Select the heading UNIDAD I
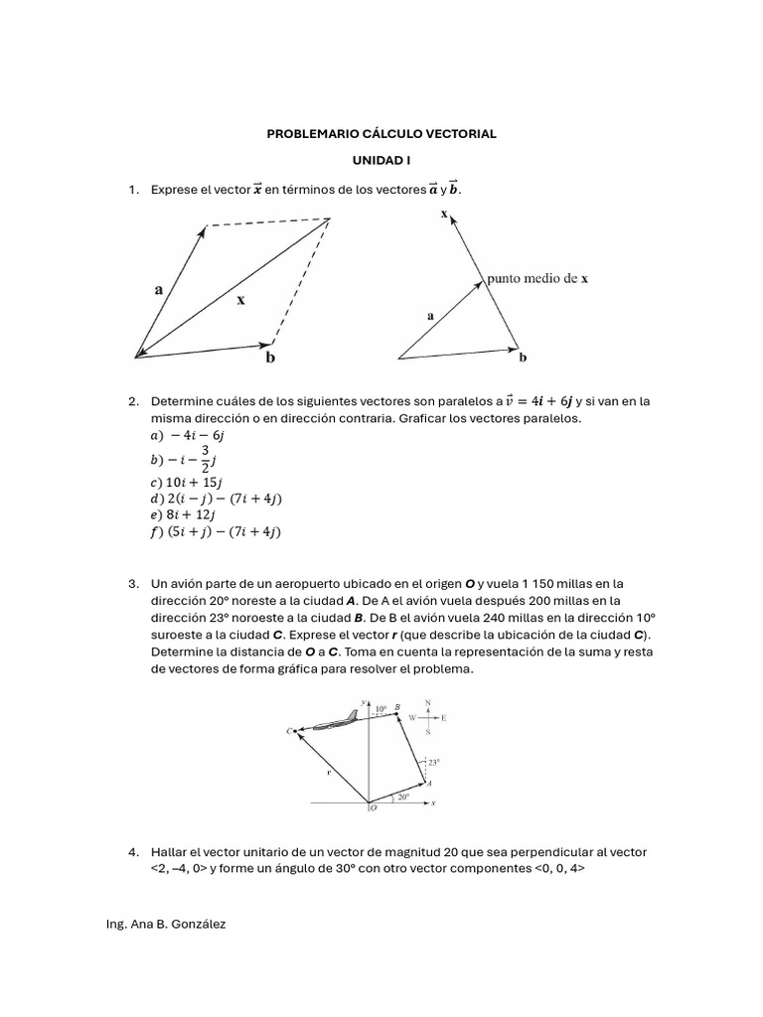[381, 160]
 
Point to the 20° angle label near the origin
[402, 796]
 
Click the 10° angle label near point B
[381, 710]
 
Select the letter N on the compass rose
[428, 702]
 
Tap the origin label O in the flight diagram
[373, 809]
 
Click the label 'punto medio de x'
[536, 279]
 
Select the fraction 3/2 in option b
[205, 460]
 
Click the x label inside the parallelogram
[240, 298]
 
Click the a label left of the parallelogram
[158, 290]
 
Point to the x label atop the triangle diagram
[443, 214]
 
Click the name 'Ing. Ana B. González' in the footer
[165, 924]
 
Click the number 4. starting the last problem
[133, 852]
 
